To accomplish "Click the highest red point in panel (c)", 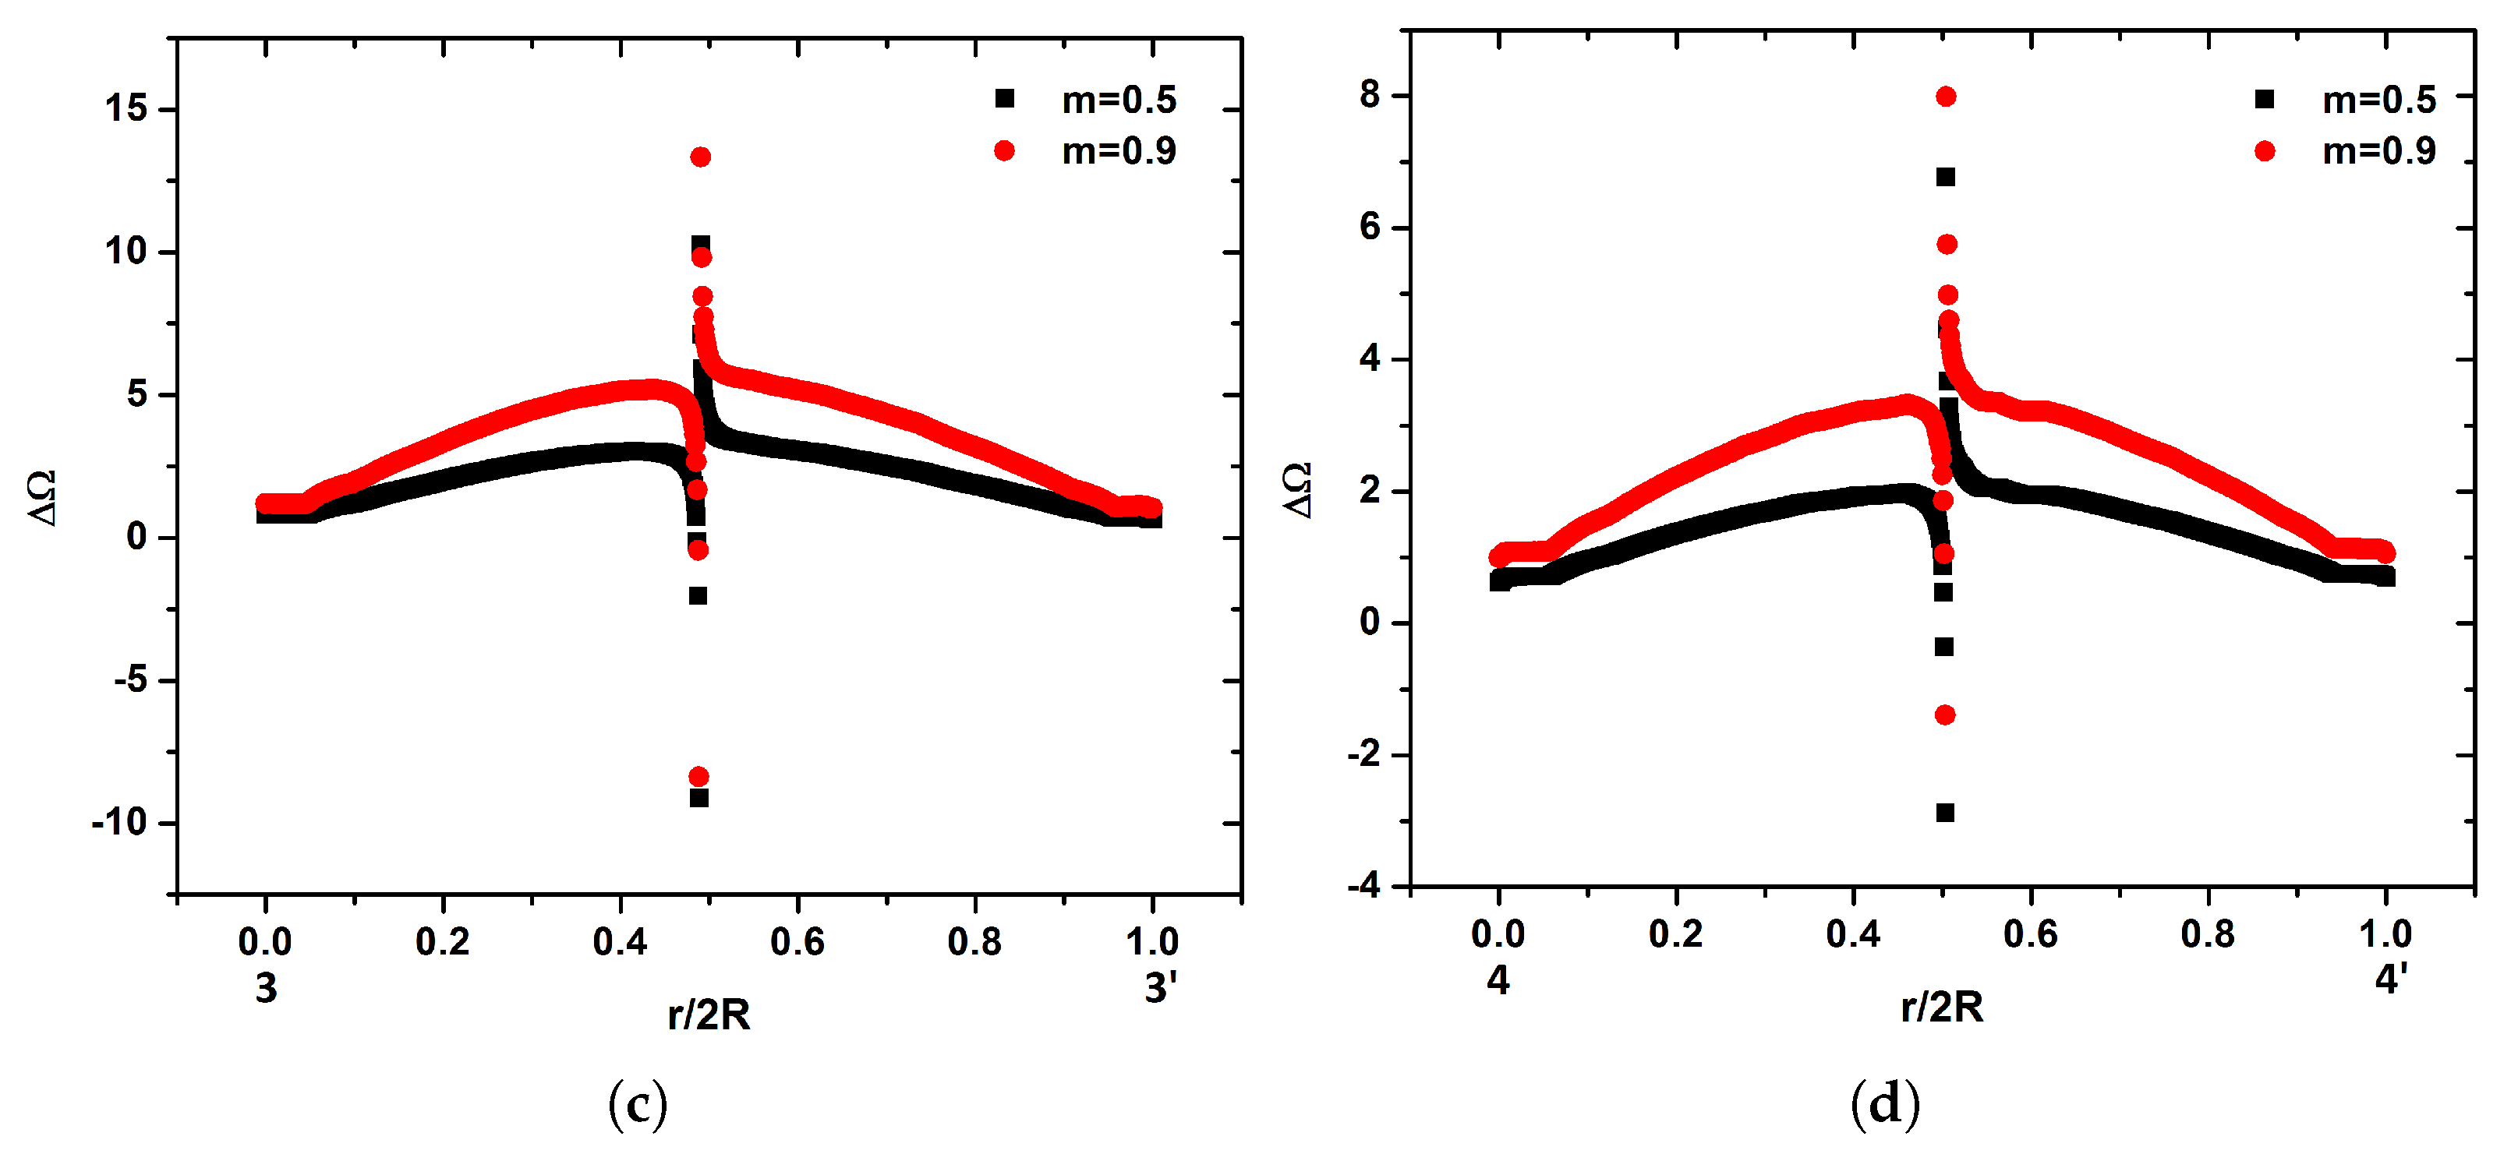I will [x=700, y=157].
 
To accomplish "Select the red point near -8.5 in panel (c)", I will [x=699, y=777].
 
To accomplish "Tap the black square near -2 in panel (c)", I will [x=698, y=595].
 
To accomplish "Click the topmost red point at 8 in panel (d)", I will [x=1946, y=97].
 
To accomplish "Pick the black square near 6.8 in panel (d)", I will [x=1946, y=177].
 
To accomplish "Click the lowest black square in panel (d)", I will [x=1945, y=813].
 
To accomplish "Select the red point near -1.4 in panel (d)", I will [x=1945, y=715].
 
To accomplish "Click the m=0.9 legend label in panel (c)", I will [x=1119, y=151].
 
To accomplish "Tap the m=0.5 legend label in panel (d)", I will [x=2379, y=100].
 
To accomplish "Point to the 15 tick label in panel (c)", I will [x=127, y=108].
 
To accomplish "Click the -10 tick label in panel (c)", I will [x=119, y=823].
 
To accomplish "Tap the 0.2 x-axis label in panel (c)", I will [x=442, y=941].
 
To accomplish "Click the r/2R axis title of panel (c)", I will [x=709, y=1015].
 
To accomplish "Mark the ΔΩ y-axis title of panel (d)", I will [x=1297, y=491].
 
